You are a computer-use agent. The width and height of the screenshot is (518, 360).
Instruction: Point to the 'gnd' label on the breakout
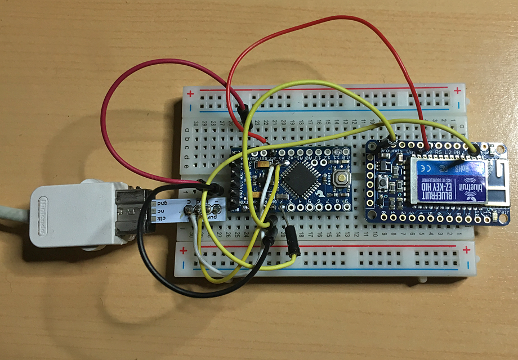pyautogui.click(x=163, y=202)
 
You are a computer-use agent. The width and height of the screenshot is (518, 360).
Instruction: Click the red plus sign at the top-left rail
pyautogui.click(x=190, y=93)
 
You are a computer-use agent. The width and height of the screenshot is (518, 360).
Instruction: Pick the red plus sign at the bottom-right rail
pyautogui.click(x=466, y=249)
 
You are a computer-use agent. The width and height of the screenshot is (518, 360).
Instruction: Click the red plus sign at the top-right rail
pyautogui.click(x=459, y=89)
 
